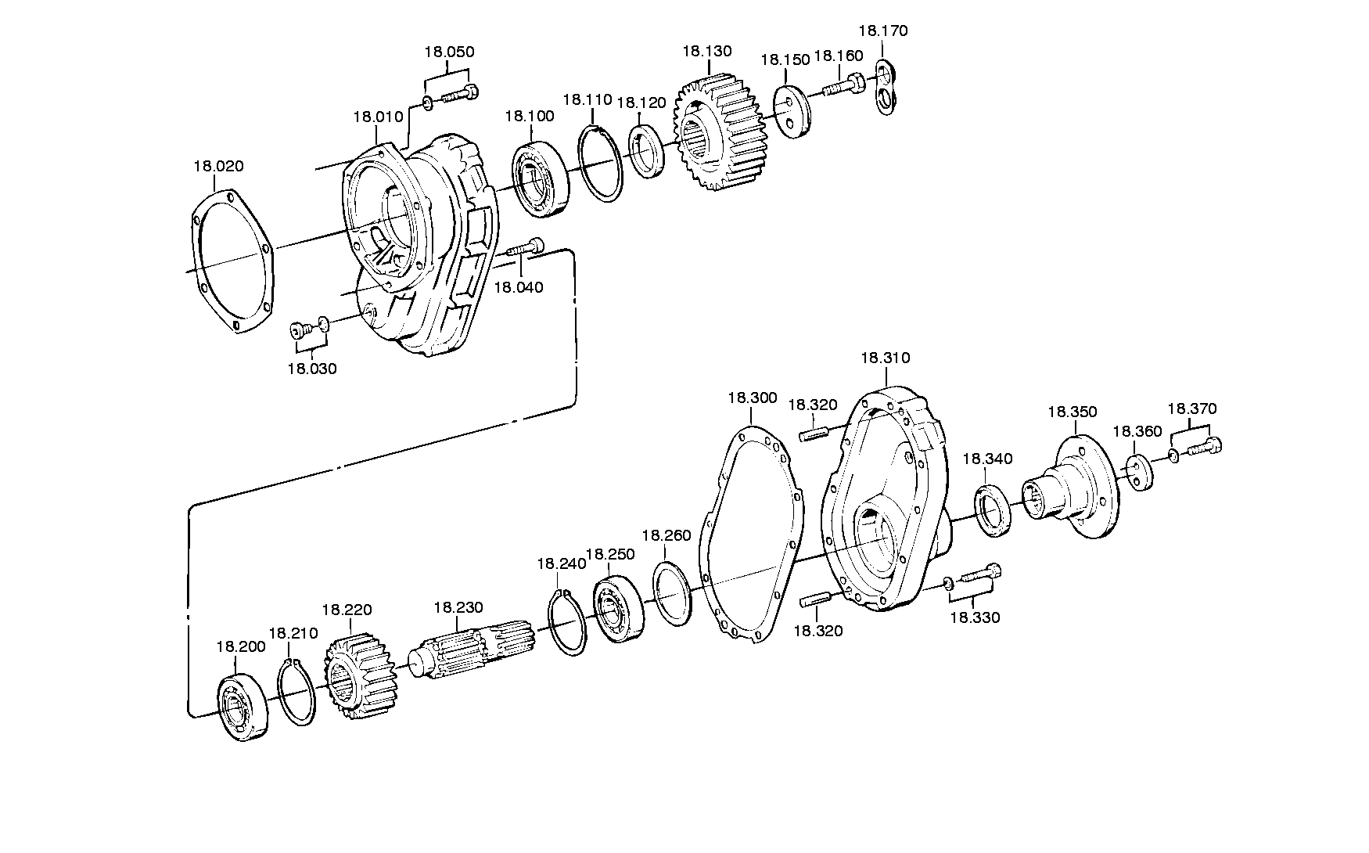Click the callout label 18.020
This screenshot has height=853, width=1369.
(x=218, y=166)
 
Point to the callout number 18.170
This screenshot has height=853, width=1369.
(x=883, y=31)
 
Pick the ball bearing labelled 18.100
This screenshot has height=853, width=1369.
(x=542, y=178)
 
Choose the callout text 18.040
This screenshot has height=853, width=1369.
(x=518, y=287)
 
